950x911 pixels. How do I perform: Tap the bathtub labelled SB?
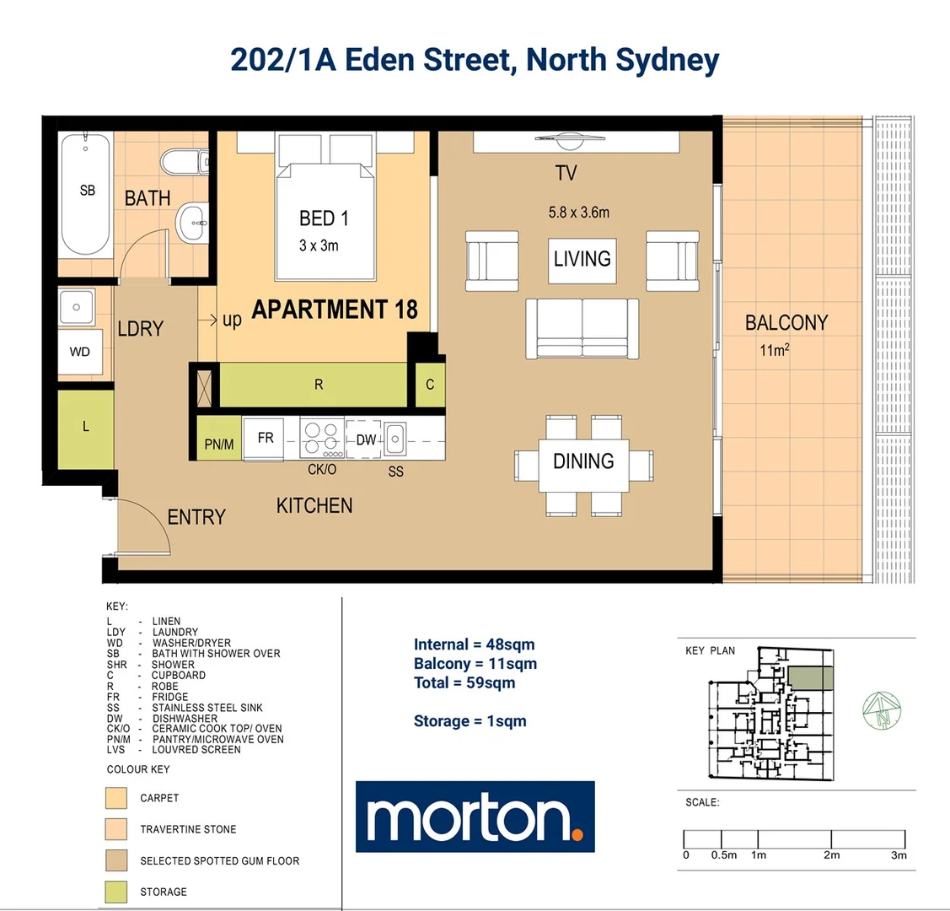85,193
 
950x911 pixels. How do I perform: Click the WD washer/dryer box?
80,352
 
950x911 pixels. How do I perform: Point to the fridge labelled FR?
265,438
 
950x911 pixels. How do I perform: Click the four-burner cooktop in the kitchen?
321,438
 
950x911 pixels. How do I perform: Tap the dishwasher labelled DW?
365,439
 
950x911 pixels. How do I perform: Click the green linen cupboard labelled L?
85,428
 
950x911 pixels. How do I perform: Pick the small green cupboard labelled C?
430,385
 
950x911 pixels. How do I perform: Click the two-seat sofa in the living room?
582,328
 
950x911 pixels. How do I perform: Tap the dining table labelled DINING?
583,465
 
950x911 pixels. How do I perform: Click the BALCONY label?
786,322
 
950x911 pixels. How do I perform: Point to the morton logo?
475,817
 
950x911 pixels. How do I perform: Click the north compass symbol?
881,710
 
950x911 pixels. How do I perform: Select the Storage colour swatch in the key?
116,892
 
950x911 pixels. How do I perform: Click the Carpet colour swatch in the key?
116,798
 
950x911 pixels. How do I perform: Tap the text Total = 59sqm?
464,682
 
